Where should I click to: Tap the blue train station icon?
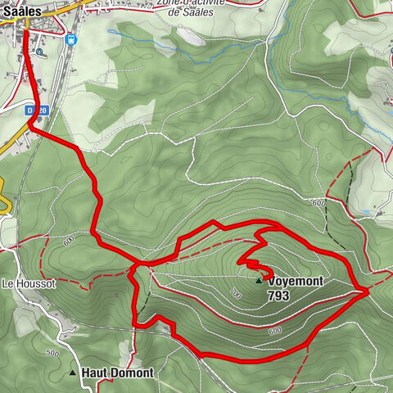point(73,38)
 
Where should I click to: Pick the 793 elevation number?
point(279,296)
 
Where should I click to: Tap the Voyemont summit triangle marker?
point(260,280)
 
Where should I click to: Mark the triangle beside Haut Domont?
point(74,373)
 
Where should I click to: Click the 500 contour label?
point(52,353)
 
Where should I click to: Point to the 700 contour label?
point(235,293)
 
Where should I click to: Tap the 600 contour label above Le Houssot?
point(68,240)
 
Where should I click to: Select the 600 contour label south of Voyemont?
point(273,332)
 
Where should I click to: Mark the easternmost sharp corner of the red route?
point(365,291)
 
